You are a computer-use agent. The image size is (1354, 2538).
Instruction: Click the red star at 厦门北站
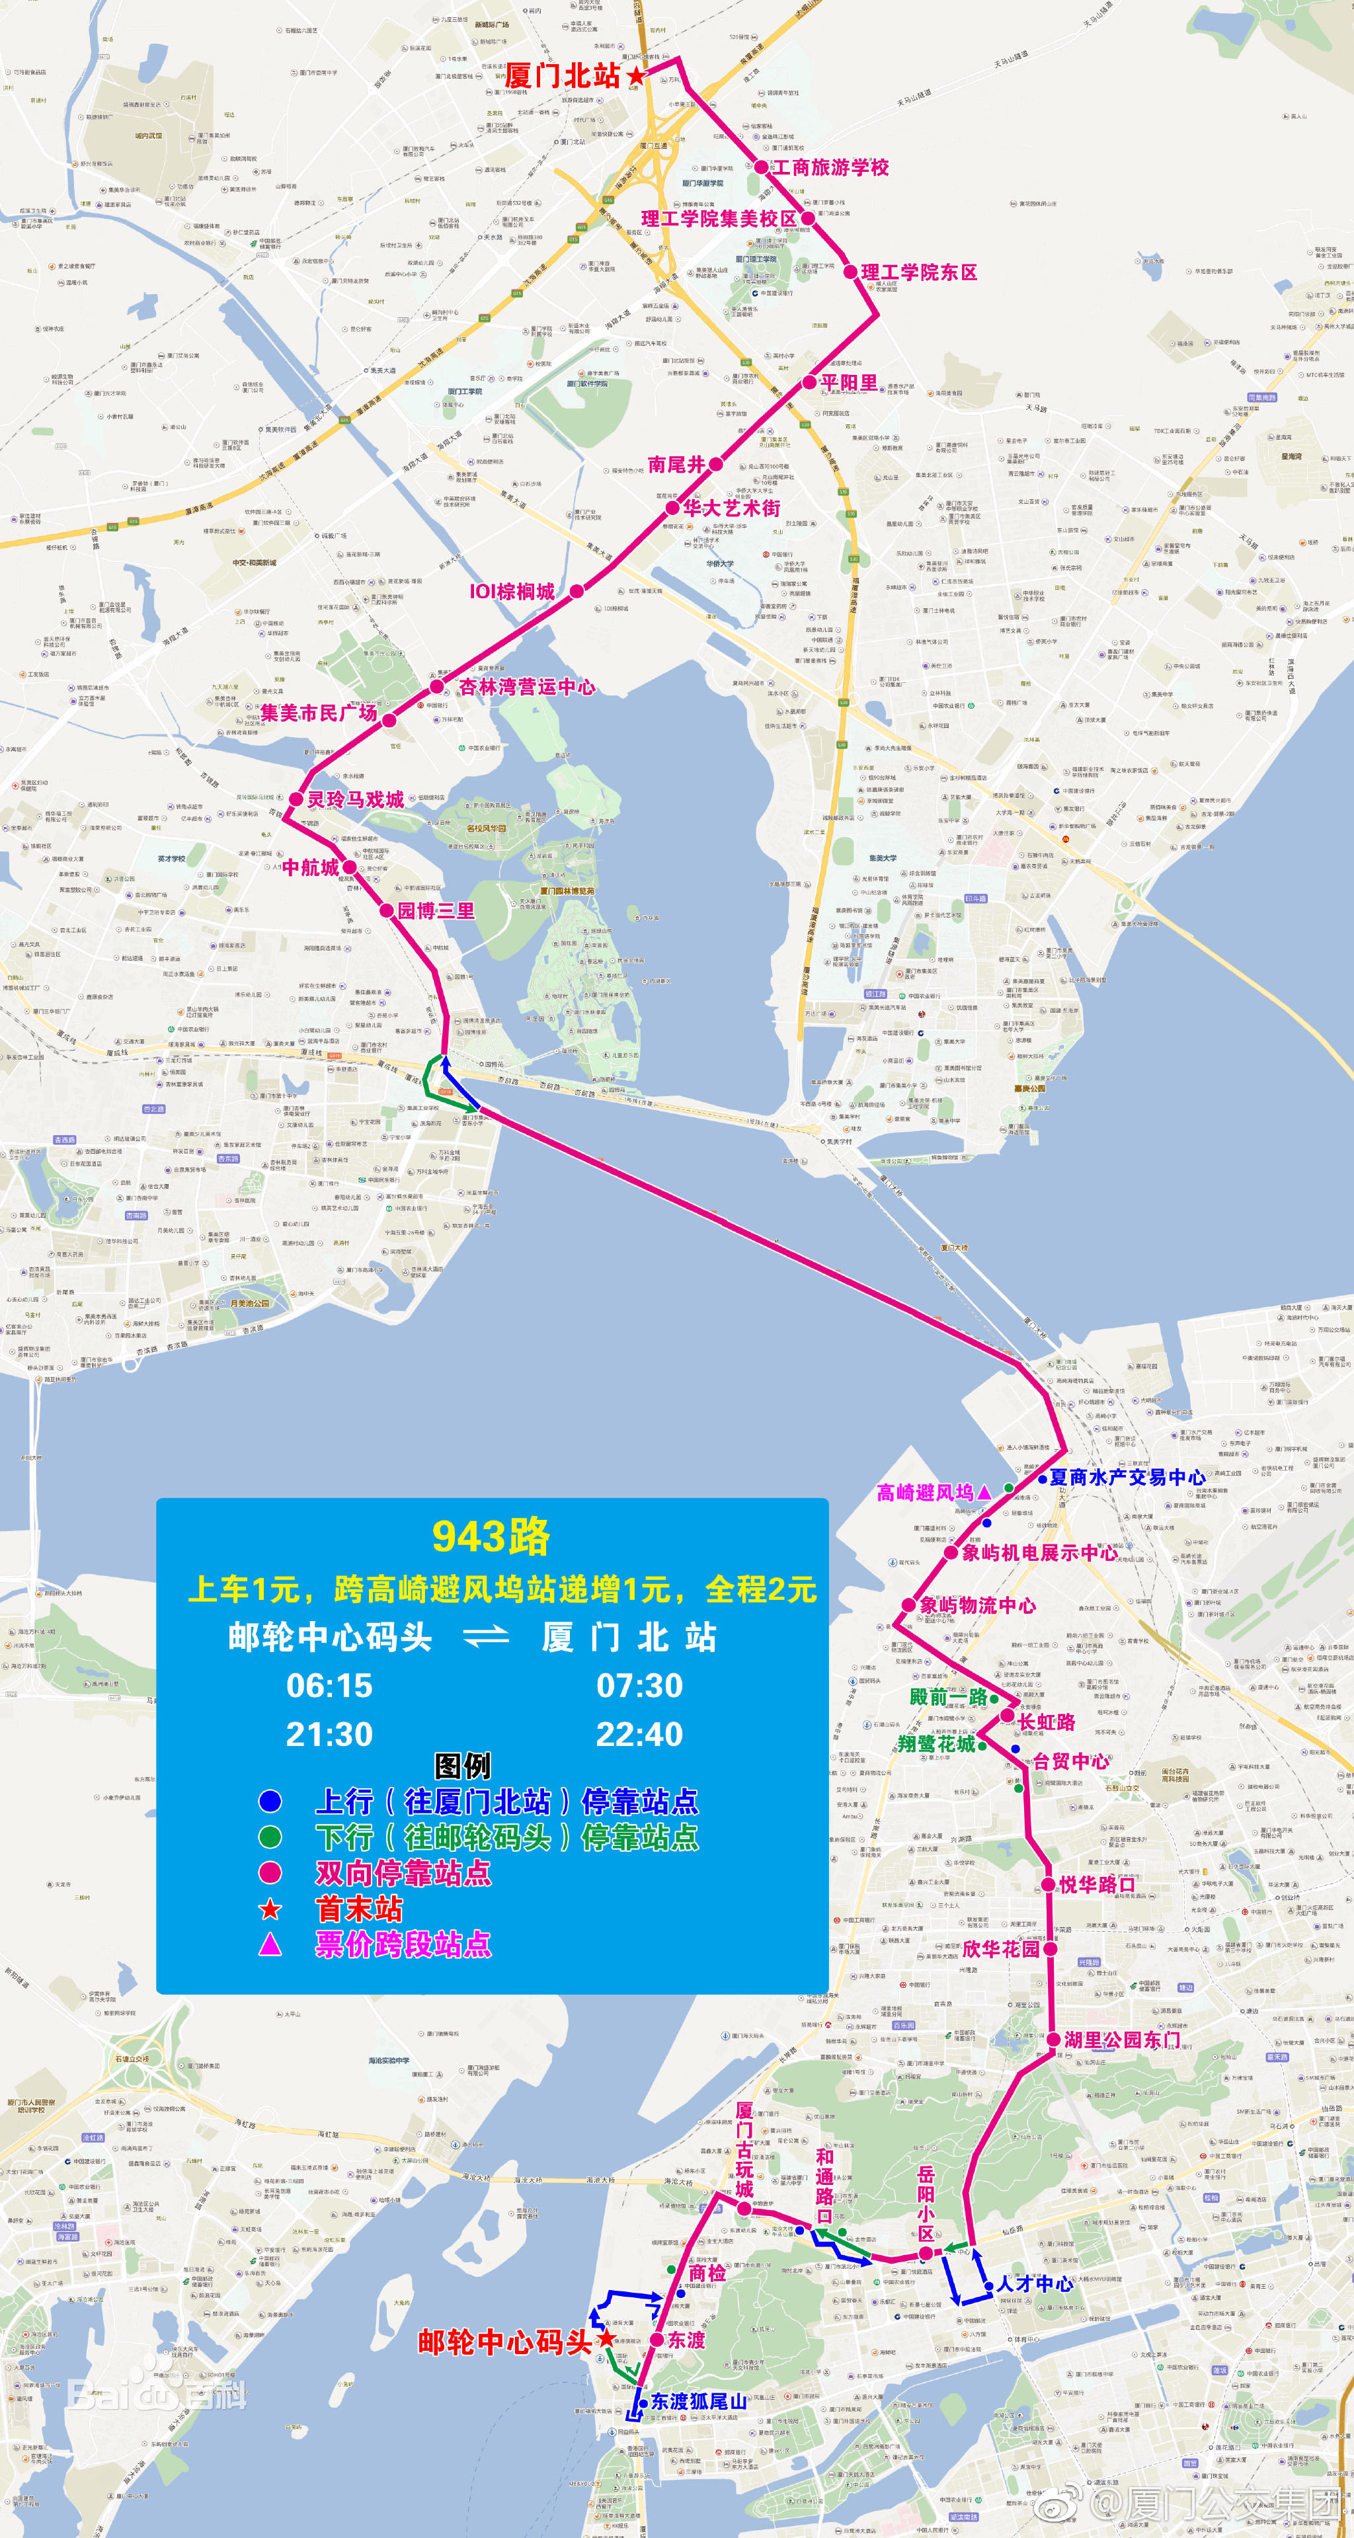point(637,75)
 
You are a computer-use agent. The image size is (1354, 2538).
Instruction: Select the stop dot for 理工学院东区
point(850,271)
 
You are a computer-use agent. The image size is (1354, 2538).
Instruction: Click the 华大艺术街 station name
point(732,508)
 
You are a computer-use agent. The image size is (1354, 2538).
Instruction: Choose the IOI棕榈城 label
point(512,591)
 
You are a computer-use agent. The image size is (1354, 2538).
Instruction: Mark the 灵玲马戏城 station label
point(355,799)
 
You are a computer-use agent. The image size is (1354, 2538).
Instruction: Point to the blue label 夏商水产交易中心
point(1127,1477)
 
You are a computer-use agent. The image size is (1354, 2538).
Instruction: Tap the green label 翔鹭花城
point(936,1744)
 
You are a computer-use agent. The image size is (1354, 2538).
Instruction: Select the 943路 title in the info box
point(491,1536)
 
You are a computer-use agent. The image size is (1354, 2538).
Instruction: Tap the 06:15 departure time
point(329,1686)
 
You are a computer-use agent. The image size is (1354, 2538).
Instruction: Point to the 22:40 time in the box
point(639,1734)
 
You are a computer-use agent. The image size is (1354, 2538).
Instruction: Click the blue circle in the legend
point(270,1801)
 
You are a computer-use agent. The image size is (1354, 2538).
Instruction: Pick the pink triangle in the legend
point(270,1944)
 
